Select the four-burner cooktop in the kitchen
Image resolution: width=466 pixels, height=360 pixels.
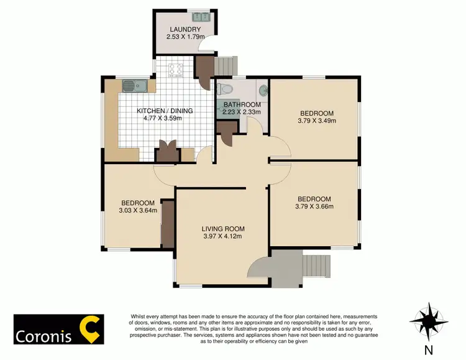point(174,70)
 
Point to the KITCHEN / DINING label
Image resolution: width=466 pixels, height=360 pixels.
point(165,111)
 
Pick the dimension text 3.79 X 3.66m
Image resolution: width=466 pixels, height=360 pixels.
point(314,207)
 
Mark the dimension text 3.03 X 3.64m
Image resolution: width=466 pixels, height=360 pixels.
point(137,211)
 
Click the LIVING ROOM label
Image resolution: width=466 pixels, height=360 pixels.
point(222,228)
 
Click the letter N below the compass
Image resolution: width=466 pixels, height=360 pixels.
point(428,350)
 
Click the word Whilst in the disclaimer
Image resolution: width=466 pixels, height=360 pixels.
point(139,316)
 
